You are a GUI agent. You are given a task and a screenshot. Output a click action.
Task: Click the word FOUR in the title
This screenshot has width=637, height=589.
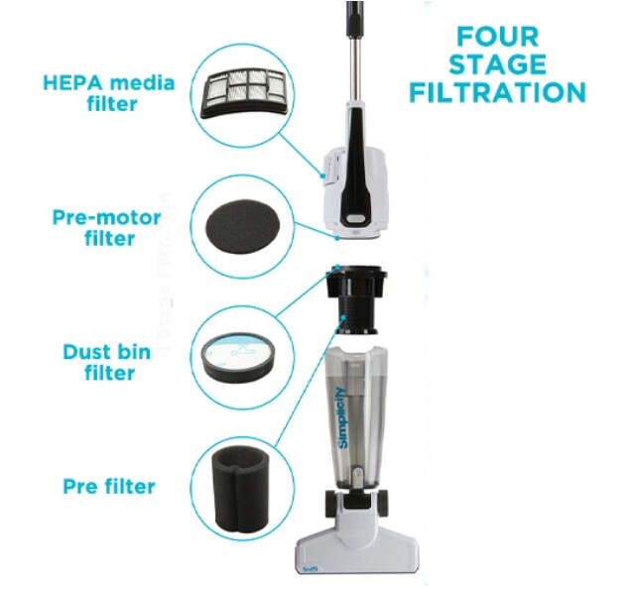(497, 37)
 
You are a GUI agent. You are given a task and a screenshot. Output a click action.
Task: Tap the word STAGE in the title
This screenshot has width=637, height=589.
(498, 64)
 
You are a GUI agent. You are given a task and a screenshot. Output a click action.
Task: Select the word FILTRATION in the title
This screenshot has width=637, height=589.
(498, 92)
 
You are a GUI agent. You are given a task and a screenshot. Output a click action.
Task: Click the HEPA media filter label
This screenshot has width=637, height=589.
(109, 93)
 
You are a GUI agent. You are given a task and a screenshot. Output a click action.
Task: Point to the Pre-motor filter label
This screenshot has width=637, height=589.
(107, 228)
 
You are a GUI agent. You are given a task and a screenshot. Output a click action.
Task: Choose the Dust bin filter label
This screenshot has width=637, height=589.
(107, 362)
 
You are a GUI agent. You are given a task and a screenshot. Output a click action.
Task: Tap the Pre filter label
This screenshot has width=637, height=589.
(109, 486)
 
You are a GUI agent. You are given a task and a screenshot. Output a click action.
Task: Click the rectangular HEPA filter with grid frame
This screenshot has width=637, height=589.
(244, 93)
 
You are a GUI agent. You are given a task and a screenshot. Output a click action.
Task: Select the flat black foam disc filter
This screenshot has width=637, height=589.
(243, 226)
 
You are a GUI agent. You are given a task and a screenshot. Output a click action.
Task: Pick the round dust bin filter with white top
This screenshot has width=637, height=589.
(238, 358)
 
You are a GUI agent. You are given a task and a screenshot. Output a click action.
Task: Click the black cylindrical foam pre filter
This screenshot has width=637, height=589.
(241, 489)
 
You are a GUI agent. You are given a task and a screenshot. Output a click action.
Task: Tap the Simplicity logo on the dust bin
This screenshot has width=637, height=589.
(342, 417)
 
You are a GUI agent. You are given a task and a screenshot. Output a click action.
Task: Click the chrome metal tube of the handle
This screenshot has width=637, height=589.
(355, 69)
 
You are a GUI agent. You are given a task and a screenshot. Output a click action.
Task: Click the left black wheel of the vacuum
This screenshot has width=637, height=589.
(332, 504)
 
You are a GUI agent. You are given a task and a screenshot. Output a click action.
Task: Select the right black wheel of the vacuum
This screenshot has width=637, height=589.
(383, 504)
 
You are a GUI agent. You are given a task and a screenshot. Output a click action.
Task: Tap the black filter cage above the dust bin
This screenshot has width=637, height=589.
(356, 299)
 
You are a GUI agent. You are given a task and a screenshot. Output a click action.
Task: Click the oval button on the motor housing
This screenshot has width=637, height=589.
(356, 219)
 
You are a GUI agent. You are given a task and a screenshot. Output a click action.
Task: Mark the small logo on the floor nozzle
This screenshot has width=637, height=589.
(310, 569)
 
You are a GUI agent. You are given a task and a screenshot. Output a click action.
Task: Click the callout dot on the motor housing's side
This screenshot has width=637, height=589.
(322, 176)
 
